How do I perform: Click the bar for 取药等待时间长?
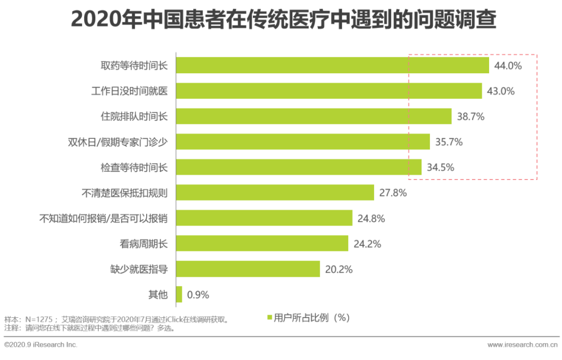click(x=333, y=66)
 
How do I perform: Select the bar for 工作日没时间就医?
click(x=329, y=91)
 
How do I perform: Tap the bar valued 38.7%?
click(x=314, y=117)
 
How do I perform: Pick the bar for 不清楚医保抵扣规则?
click(x=275, y=192)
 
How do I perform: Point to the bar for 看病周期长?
click(x=262, y=243)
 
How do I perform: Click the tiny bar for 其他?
click(x=180, y=294)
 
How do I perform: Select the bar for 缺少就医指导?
click(x=248, y=269)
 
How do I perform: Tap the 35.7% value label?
click(x=449, y=142)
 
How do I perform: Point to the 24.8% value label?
click(x=371, y=218)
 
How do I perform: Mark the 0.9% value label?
click(x=198, y=295)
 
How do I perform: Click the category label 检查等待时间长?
click(x=134, y=168)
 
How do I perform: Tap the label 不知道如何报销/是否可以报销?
click(x=104, y=218)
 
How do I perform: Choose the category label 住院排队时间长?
click(x=134, y=117)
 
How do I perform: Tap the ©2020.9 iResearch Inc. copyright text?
click(x=41, y=344)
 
